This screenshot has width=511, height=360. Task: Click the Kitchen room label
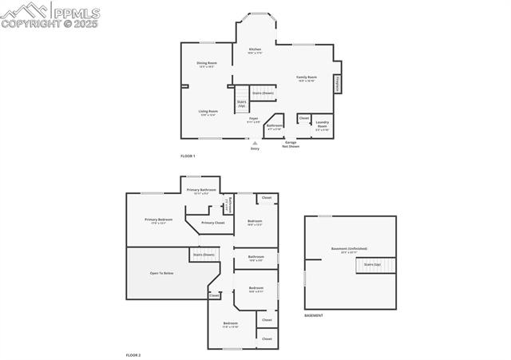[x=255, y=50]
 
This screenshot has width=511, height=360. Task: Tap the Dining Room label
[x=207, y=64]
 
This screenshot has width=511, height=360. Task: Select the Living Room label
[x=208, y=113]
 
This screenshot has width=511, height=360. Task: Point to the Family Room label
[x=307, y=77]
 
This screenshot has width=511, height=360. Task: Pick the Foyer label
[x=253, y=120]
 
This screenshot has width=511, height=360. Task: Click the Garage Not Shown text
[x=291, y=144]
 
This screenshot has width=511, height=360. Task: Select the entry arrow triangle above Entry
[x=255, y=143]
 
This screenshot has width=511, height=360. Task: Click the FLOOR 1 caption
[x=188, y=155]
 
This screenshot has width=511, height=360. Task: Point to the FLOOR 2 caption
[x=133, y=354]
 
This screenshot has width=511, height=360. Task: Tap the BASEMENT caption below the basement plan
[x=314, y=315]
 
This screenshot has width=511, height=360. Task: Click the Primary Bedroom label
[x=158, y=220]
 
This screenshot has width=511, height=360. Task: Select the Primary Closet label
[x=212, y=223]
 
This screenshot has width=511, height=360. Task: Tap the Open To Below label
[x=161, y=273]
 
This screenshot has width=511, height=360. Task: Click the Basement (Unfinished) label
[x=349, y=249]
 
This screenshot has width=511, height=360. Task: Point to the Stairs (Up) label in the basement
[x=372, y=263]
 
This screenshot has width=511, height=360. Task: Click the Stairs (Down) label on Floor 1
[x=263, y=93]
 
